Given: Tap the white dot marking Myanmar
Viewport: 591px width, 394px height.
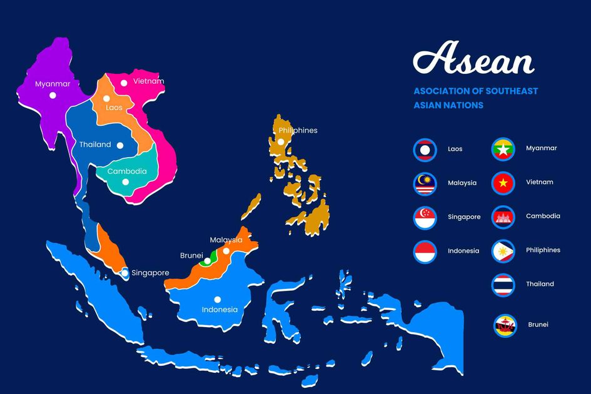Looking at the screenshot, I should (x=53, y=95).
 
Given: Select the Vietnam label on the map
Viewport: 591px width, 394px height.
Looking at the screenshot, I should (x=149, y=81).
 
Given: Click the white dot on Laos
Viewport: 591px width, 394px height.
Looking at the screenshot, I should (x=106, y=98).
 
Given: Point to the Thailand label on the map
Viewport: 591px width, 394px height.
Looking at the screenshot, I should (x=95, y=144).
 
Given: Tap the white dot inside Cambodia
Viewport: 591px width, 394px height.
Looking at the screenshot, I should (x=125, y=182).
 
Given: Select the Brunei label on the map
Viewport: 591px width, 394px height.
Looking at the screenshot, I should (x=191, y=255).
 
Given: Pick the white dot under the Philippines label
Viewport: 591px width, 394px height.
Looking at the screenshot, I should (x=281, y=142).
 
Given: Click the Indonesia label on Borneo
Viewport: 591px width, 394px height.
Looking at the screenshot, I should (x=220, y=310).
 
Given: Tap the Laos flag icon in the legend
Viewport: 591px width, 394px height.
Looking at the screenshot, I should (x=425, y=149).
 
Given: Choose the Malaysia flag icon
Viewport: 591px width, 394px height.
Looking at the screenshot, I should (x=425, y=183).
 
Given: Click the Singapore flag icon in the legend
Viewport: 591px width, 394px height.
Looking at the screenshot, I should (x=425, y=217).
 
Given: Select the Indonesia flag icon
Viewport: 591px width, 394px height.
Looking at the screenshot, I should (x=425, y=251).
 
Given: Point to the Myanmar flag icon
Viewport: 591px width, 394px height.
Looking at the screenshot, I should (x=503, y=149).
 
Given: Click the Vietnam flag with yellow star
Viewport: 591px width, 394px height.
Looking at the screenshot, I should (x=503, y=183).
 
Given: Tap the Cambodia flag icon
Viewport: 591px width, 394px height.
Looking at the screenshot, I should (x=503, y=216).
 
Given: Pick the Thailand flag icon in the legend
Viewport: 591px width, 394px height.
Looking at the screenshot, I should (x=503, y=284).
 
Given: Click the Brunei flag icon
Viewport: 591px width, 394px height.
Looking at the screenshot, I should (x=505, y=325).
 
